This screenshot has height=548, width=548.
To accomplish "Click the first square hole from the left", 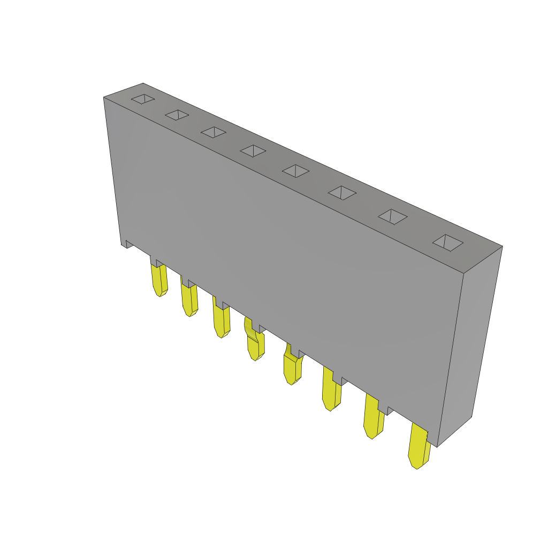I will click(x=143, y=99).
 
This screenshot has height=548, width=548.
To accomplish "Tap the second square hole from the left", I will click(x=177, y=115).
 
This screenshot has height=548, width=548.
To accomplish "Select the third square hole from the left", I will click(x=214, y=132).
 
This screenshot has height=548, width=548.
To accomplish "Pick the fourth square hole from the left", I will click(x=253, y=151).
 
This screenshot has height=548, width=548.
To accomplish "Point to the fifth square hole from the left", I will click(x=295, y=171).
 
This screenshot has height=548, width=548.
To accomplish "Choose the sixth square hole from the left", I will click(x=342, y=193).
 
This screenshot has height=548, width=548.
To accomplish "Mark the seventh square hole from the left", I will click(x=393, y=217).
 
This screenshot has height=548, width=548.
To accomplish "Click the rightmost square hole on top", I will click(x=447, y=242).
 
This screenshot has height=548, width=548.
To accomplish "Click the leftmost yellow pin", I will click(x=159, y=280).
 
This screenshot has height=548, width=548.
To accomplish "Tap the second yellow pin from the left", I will click(x=189, y=300).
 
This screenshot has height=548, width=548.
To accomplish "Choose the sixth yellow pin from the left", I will click(x=331, y=393).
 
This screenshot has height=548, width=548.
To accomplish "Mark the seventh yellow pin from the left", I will click(x=373, y=420).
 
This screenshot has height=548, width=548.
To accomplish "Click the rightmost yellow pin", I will click(x=418, y=447).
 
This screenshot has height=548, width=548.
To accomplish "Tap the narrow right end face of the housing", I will click(x=470, y=342).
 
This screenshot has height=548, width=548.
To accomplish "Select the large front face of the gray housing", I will click(x=284, y=257).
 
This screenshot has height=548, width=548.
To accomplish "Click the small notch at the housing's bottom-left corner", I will click(x=128, y=244).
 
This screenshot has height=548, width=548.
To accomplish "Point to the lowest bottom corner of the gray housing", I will click(x=437, y=446).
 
